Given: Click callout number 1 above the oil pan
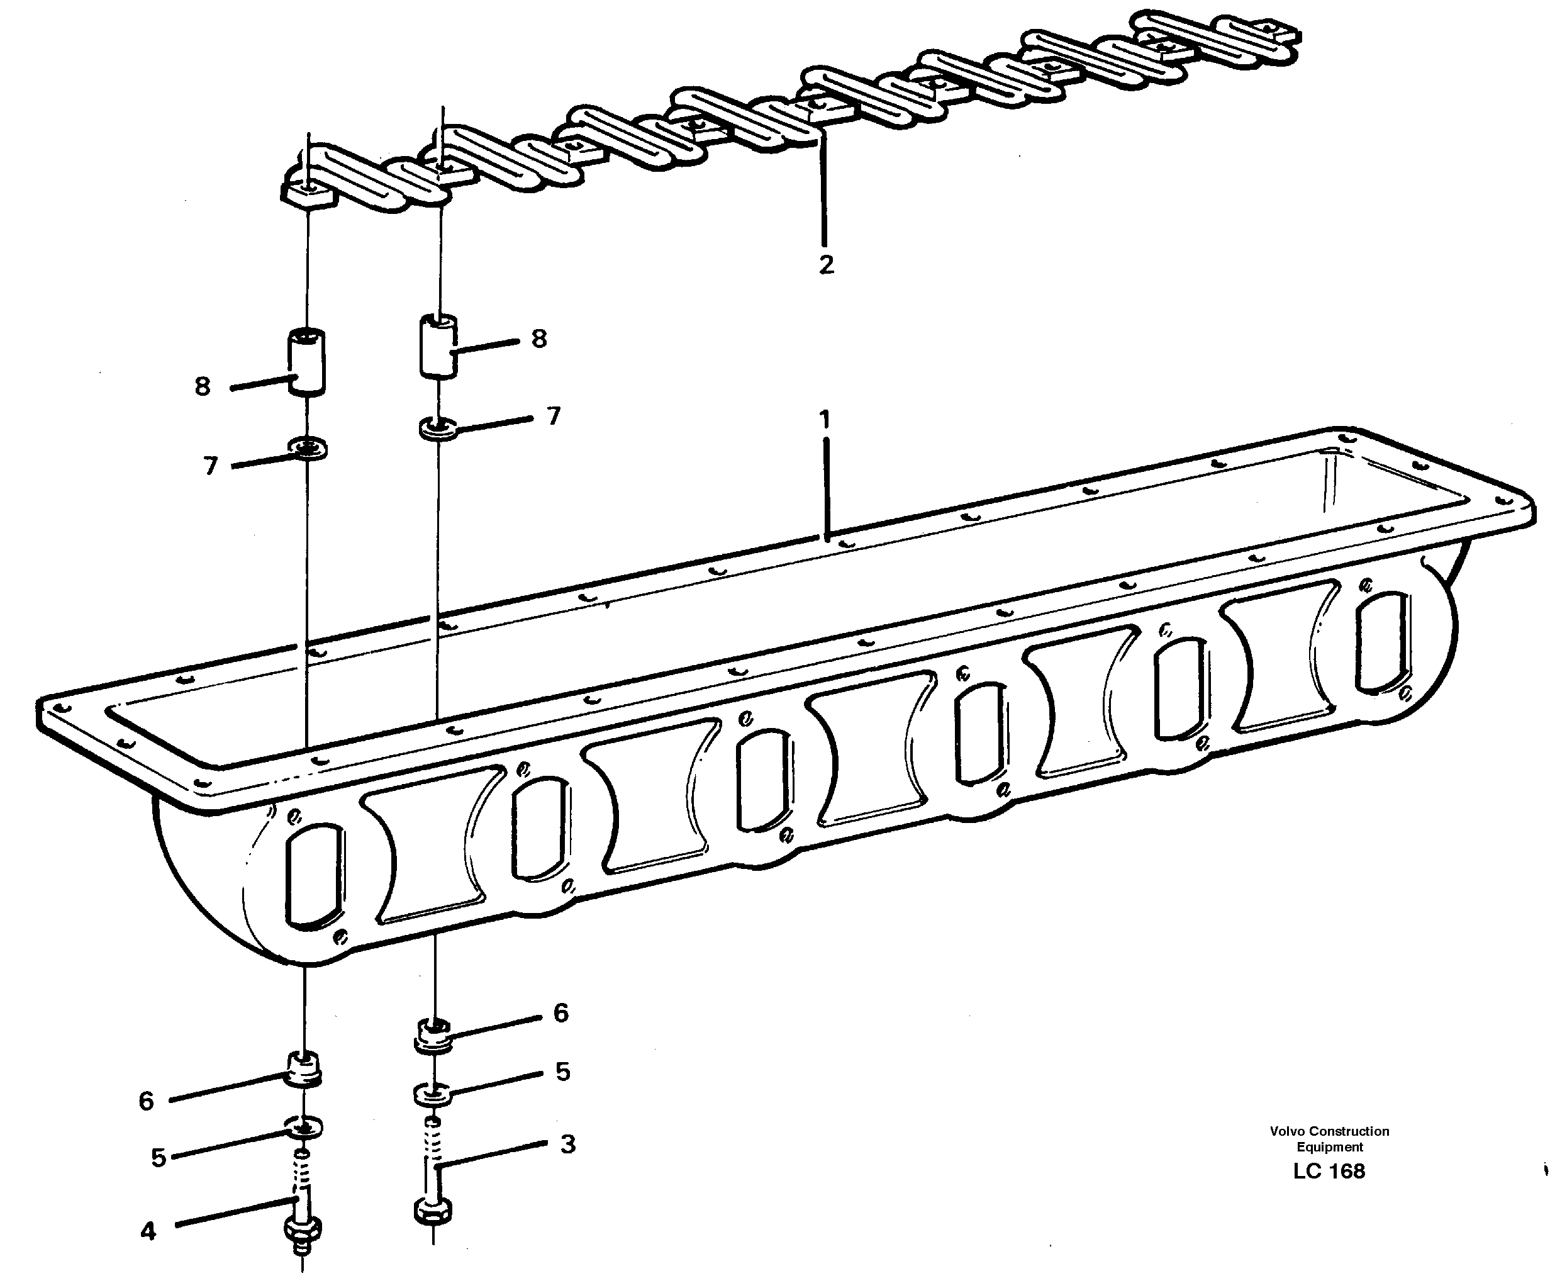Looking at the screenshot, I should point(825,419).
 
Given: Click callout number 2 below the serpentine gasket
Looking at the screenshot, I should point(826,264).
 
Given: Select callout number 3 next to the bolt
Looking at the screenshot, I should point(567,1144).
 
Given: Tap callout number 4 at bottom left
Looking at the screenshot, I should point(148,1231).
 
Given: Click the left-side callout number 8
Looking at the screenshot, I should point(202,386).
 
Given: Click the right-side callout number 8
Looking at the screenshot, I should point(539,339).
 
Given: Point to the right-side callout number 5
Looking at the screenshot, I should point(562,1072).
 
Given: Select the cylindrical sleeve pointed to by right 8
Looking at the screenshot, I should point(438,345).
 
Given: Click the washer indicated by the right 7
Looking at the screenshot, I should point(438,428).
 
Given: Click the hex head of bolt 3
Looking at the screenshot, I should point(433,1211).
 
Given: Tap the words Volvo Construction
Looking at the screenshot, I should point(1329,1131).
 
